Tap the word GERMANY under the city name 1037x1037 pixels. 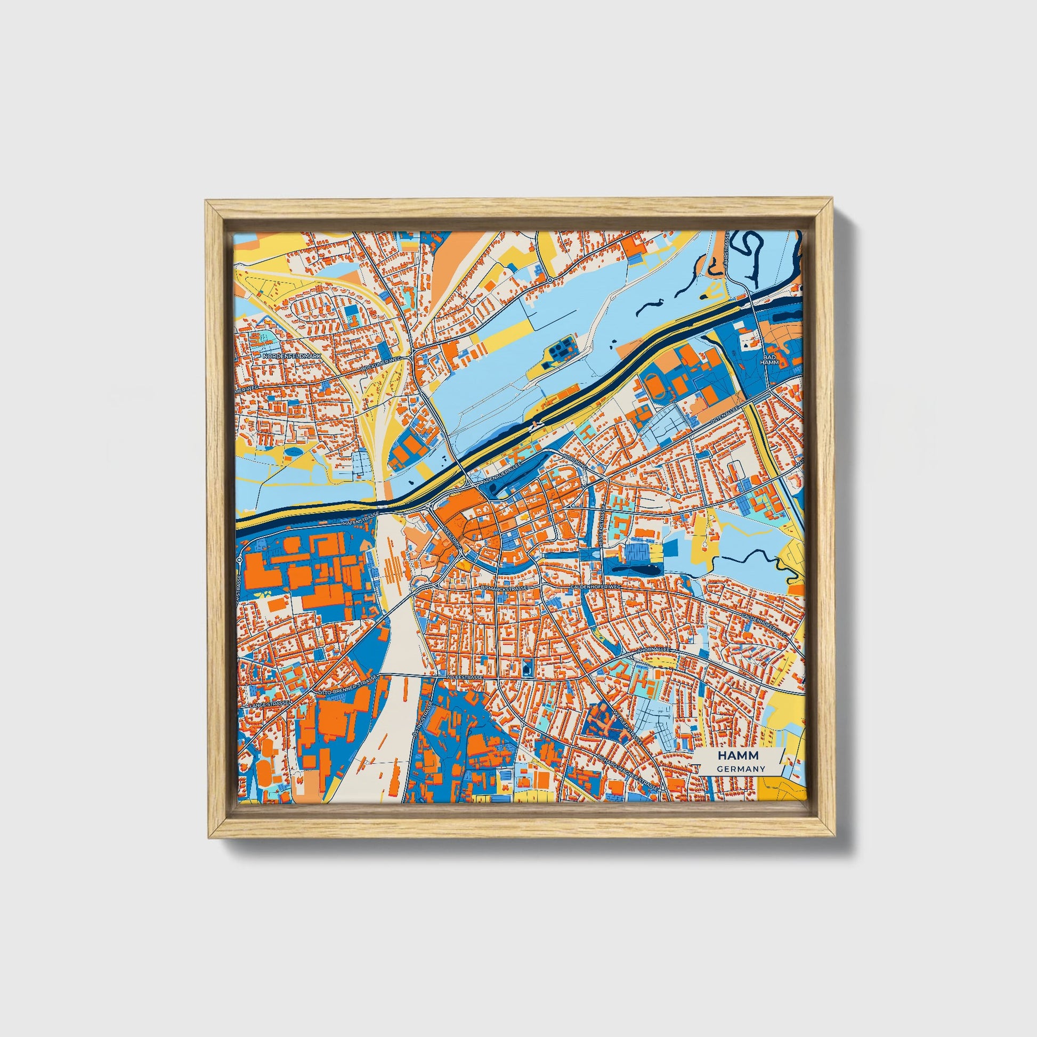pos(740,769)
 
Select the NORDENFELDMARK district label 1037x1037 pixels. pos(291,356)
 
